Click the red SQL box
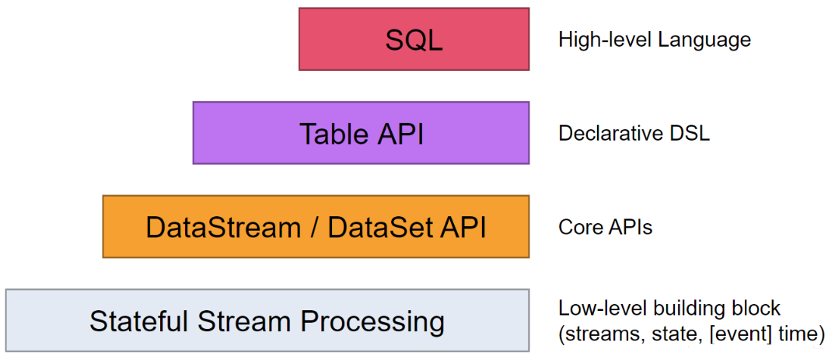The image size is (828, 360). click(x=414, y=40)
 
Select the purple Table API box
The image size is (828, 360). click(x=361, y=133)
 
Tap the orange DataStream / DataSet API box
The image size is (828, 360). click(x=316, y=226)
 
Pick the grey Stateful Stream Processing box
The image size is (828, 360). click(x=267, y=320)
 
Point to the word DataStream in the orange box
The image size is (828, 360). click(x=223, y=227)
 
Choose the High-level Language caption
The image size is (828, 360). click(x=655, y=40)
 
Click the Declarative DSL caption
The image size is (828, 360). click(x=634, y=134)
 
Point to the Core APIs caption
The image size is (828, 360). click(x=605, y=227)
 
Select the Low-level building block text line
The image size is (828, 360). click(x=669, y=308)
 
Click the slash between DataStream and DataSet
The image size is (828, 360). click(x=314, y=227)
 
